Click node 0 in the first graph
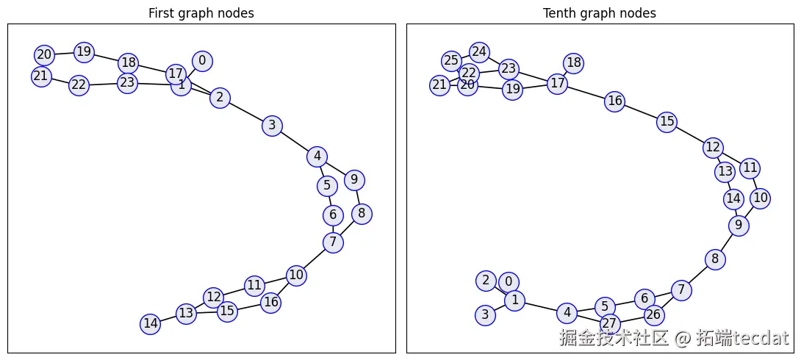(x=202, y=61)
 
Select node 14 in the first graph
(x=151, y=323)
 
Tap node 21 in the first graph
(x=41, y=76)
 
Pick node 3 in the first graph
(x=272, y=126)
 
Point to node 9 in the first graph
(x=354, y=180)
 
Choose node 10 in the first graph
(x=296, y=276)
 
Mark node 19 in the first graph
(x=85, y=52)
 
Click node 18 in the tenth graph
(x=574, y=63)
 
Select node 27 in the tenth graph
(x=609, y=323)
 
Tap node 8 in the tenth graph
(x=715, y=259)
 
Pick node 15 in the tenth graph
(x=667, y=121)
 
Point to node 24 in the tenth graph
(x=480, y=52)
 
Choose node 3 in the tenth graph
(x=485, y=315)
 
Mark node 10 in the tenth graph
(x=761, y=198)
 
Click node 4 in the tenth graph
(x=567, y=313)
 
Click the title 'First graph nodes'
(x=201, y=13)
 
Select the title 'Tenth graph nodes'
(x=599, y=13)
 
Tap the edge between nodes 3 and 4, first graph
(x=294, y=141)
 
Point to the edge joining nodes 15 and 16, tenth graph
(x=641, y=112)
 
